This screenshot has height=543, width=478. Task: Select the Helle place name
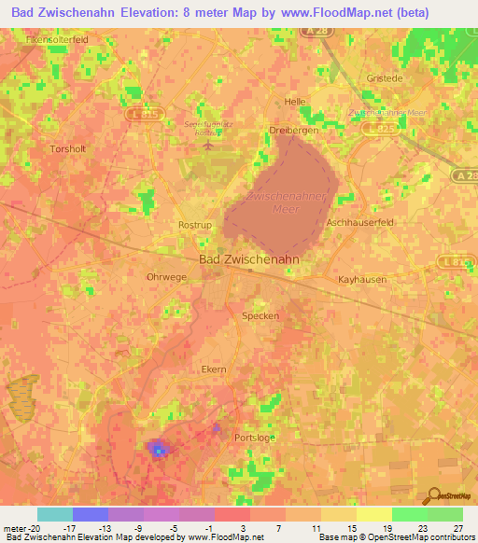coord(295,102)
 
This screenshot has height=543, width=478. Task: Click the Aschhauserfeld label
coord(358,223)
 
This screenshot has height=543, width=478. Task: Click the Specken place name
coord(260,315)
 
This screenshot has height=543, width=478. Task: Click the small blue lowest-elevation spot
coord(159,451)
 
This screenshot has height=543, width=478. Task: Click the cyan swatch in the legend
coord(55,514)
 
